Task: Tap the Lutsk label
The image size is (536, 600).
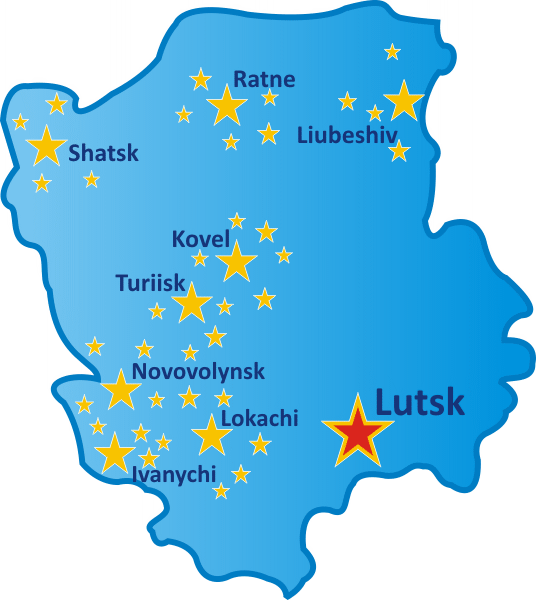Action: tap(420, 402)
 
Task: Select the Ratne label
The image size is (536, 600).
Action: tap(264, 79)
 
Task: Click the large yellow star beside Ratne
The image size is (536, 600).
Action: tap(227, 105)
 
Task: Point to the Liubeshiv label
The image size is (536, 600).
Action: tap(348, 134)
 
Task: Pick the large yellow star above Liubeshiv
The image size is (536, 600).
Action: tap(404, 101)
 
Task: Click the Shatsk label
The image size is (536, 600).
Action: tap(103, 153)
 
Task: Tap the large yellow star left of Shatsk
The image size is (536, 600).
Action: tap(46, 146)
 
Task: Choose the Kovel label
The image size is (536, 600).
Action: tap(201, 240)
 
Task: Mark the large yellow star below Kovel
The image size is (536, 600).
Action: tap(236, 263)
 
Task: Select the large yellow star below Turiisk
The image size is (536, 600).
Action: tap(191, 303)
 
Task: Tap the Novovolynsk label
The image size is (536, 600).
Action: tap(199, 372)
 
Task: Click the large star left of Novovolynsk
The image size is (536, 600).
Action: tap(121, 390)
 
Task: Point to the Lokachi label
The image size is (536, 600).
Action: tap(259, 419)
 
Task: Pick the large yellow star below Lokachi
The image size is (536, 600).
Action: tap(211, 435)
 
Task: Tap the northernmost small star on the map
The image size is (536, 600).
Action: tap(393, 51)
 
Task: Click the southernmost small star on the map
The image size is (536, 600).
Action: tap(221, 491)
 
